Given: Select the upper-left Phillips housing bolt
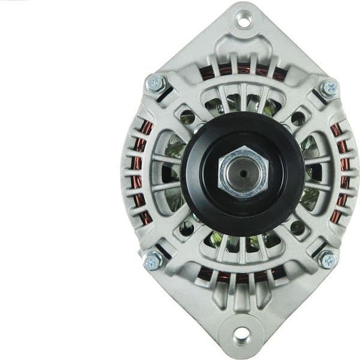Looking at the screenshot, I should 155,83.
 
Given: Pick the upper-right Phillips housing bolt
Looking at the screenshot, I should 329,89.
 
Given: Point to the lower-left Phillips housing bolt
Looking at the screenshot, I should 152,260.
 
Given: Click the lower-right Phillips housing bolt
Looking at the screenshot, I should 328,259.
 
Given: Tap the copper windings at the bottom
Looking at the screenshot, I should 240,277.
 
